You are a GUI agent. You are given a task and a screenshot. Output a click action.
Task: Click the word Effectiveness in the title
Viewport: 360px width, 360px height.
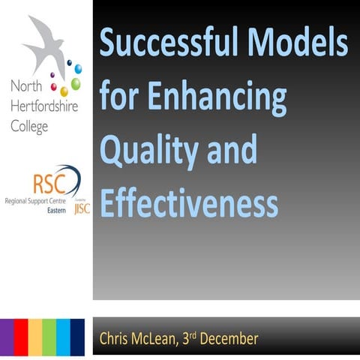(x=189, y=202)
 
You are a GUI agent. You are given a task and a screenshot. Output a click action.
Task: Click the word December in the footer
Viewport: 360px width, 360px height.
(x=231, y=339)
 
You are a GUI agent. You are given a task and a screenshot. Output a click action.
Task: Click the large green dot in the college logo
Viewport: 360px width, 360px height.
(x=76, y=83)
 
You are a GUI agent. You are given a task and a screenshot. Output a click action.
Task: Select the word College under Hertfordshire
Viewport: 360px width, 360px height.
(x=29, y=127)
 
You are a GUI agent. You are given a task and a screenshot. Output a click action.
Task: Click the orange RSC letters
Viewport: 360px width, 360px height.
(x=47, y=184)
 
